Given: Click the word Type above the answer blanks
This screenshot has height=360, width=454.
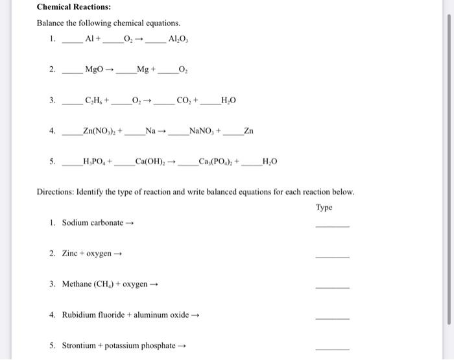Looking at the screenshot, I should click(x=324, y=208).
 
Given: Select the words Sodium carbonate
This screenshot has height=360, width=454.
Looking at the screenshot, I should click(x=92, y=223).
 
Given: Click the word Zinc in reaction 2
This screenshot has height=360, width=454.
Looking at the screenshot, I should click(x=70, y=253).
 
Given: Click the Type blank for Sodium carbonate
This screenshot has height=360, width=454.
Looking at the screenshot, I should click(x=331, y=226).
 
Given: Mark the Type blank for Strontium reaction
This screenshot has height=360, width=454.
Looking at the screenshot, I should click(x=331, y=349).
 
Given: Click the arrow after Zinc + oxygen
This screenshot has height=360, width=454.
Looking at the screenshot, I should click(x=118, y=254).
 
